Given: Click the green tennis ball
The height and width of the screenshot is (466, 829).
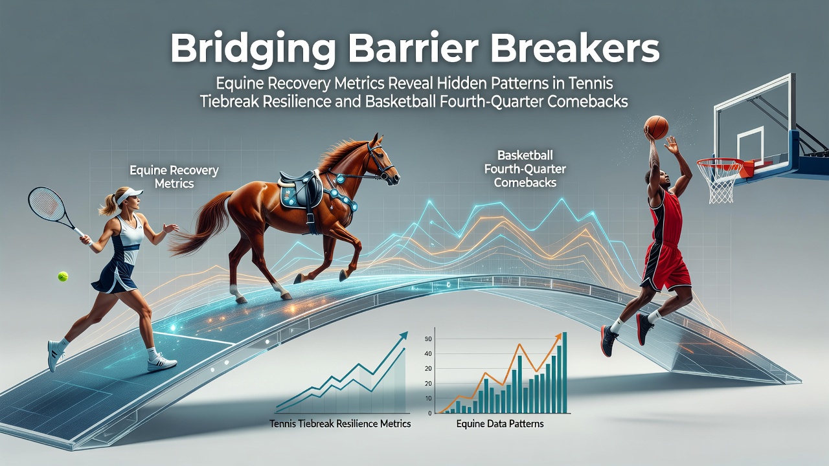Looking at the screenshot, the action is tap(63, 276).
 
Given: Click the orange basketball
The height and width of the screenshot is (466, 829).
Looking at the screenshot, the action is tap(656, 128).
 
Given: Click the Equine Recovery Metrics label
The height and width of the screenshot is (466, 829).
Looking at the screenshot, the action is tap(174, 177).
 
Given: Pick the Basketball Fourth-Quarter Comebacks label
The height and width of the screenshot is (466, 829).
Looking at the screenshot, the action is tap(525, 169).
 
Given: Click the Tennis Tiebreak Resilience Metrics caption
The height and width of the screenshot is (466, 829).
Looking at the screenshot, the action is tap(340, 423).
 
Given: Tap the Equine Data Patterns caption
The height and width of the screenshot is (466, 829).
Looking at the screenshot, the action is tap(500, 423).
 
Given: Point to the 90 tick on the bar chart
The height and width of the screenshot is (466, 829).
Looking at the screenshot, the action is tap(428, 339).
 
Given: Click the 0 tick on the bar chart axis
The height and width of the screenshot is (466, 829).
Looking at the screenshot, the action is tap(429, 414).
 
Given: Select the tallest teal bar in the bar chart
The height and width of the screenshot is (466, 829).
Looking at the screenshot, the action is tap(564, 372).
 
